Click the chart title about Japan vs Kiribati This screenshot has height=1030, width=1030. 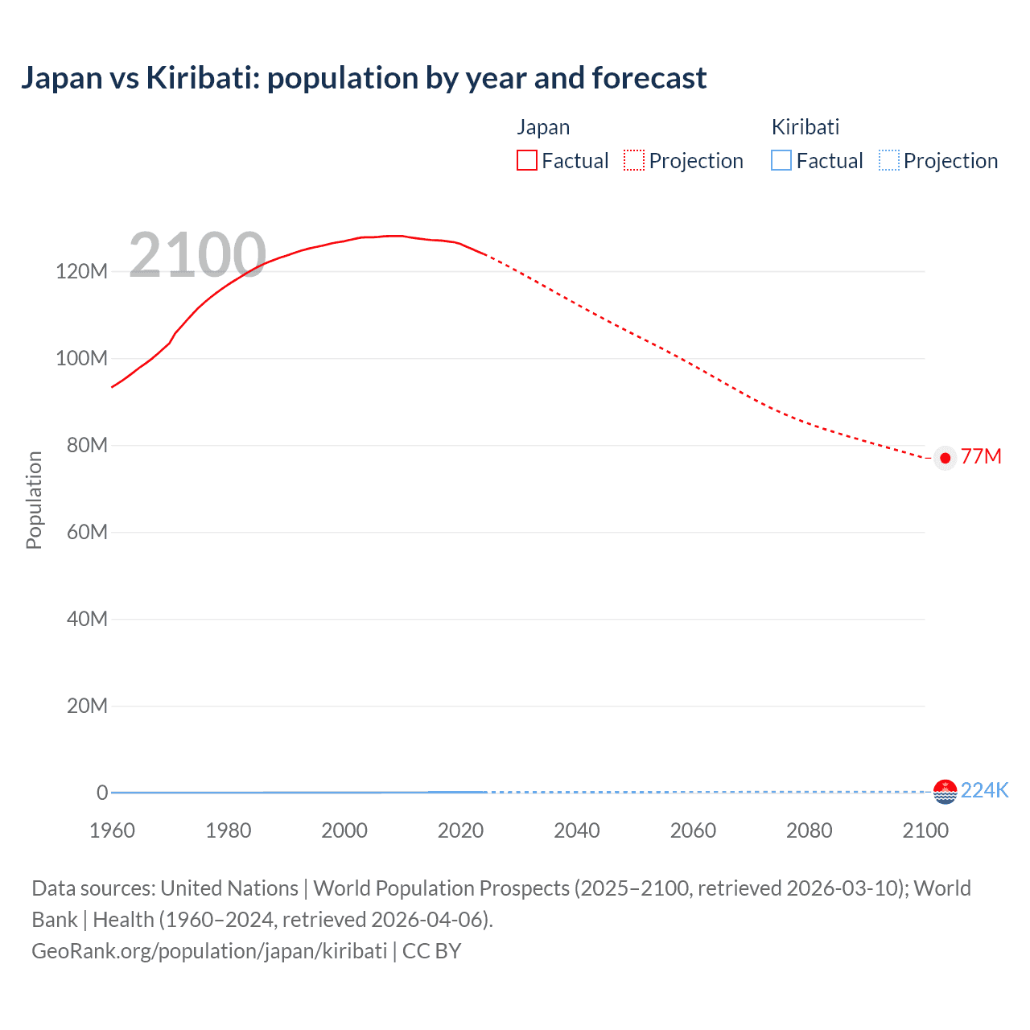pos(364,78)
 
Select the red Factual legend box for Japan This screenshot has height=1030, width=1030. pos(527,160)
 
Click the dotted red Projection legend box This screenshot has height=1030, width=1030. pos(634,160)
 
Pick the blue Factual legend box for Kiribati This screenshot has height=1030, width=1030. pos(781,160)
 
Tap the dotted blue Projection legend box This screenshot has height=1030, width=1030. pos(888,160)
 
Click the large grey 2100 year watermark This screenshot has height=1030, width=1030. pos(197,255)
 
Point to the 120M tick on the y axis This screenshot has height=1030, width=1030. pos(81,271)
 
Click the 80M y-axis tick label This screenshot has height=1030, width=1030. pos(86,445)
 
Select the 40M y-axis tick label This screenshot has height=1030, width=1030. pos(86,619)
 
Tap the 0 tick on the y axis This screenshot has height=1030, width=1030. pos(102,793)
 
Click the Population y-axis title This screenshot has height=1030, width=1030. pos(34,500)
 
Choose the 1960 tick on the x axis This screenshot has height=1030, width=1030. pos(112,830)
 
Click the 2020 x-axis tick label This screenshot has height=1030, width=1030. pos(460,830)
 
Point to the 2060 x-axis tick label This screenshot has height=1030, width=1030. pos(693,830)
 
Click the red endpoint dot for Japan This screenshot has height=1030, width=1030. pos(946,458)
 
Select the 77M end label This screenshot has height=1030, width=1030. pos(981,457)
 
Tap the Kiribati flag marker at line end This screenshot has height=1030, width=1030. pos(945,792)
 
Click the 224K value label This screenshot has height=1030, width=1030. pos(984,790)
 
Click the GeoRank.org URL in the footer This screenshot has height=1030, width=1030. pos(209,951)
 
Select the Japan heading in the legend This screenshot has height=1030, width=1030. pos(543,127)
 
